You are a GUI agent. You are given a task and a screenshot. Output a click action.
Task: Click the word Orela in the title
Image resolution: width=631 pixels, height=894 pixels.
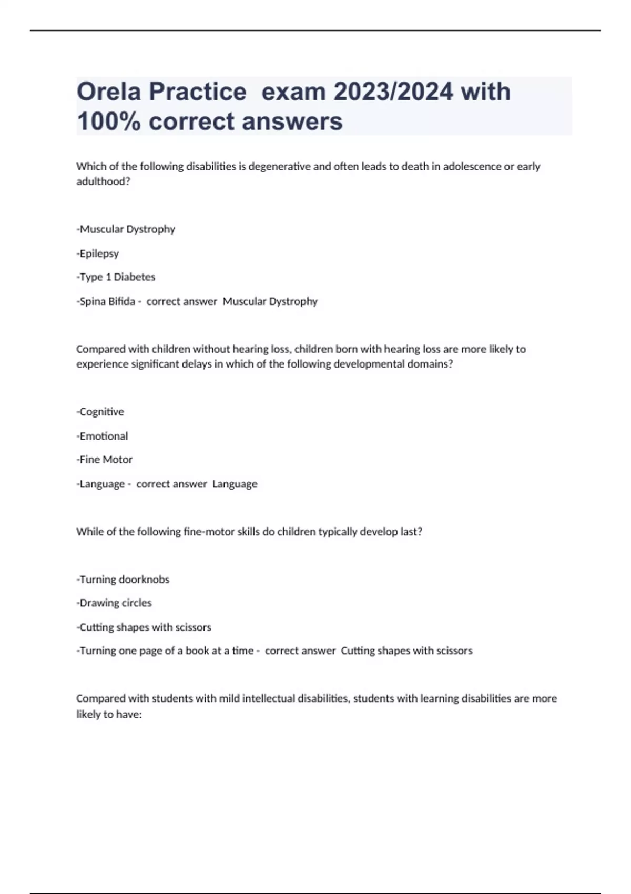pyautogui.click(x=109, y=92)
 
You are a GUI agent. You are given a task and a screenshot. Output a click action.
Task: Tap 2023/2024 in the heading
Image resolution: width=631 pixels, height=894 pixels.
pyautogui.click(x=393, y=92)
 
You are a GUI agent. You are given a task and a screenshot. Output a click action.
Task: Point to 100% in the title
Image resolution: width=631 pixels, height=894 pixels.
pyautogui.click(x=109, y=121)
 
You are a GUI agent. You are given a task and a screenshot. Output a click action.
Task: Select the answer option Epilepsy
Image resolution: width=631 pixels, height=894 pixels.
pyautogui.click(x=99, y=253)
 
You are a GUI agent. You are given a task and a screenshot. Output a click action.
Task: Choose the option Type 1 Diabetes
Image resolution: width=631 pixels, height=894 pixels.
pyautogui.click(x=117, y=277)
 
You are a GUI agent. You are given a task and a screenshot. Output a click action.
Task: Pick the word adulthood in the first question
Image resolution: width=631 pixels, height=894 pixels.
pyautogui.click(x=103, y=181)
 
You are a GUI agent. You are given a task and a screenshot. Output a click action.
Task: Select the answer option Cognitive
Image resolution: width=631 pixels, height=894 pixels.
pyautogui.click(x=101, y=412)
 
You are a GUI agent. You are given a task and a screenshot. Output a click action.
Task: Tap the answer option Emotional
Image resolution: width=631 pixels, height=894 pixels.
pyautogui.click(x=103, y=436)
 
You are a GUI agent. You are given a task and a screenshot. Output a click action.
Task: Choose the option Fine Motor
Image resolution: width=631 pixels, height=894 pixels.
pyautogui.click(x=105, y=460)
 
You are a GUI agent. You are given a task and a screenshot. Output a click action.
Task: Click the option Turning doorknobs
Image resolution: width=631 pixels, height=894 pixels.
pyautogui.click(x=124, y=580)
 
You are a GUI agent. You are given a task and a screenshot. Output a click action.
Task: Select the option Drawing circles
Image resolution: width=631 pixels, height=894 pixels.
pyautogui.click(x=115, y=603)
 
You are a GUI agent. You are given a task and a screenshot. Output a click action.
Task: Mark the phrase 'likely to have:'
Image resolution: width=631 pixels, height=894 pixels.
pyautogui.click(x=109, y=715)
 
